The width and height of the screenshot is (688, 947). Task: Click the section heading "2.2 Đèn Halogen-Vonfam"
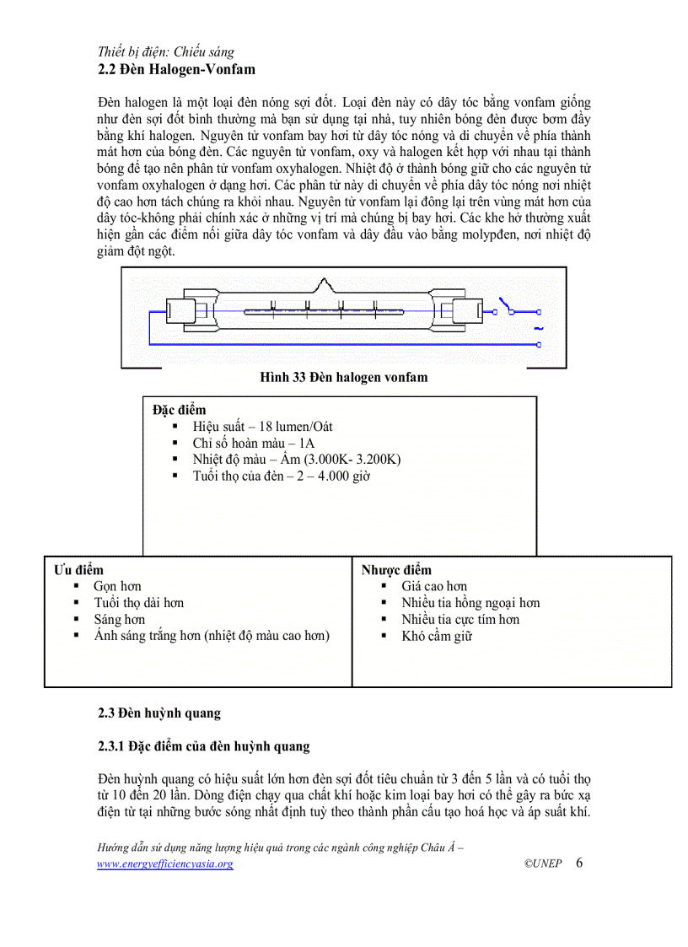click(x=176, y=69)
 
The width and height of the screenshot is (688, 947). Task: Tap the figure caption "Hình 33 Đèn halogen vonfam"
click(x=343, y=377)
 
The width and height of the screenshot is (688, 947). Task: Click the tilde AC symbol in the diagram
click(x=538, y=328)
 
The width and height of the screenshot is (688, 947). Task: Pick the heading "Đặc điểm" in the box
click(x=179, y=410)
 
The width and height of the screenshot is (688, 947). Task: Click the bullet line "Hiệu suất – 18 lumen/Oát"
click(x=262, y=427)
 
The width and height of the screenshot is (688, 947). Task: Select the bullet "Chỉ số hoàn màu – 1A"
click(x=254, y=443)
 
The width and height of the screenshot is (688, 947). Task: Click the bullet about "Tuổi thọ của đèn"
click(x=281, y=476)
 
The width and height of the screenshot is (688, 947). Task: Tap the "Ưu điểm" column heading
click(x=79, y=570)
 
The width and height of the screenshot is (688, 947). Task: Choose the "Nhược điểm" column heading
click(x=396, y=570)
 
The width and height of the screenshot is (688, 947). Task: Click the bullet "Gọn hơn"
click(x=117, y=586)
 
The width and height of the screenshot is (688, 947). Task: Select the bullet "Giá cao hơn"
click(x=433, y=586)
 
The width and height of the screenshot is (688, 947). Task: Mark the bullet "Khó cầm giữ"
click(x=437, y=636)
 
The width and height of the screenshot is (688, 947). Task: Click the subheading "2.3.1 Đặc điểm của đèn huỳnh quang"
click(x=204, y=746)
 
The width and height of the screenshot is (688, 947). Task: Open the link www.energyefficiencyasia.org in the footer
click(x=165, y=864)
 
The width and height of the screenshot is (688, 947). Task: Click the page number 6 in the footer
click(x=579, y=863)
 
